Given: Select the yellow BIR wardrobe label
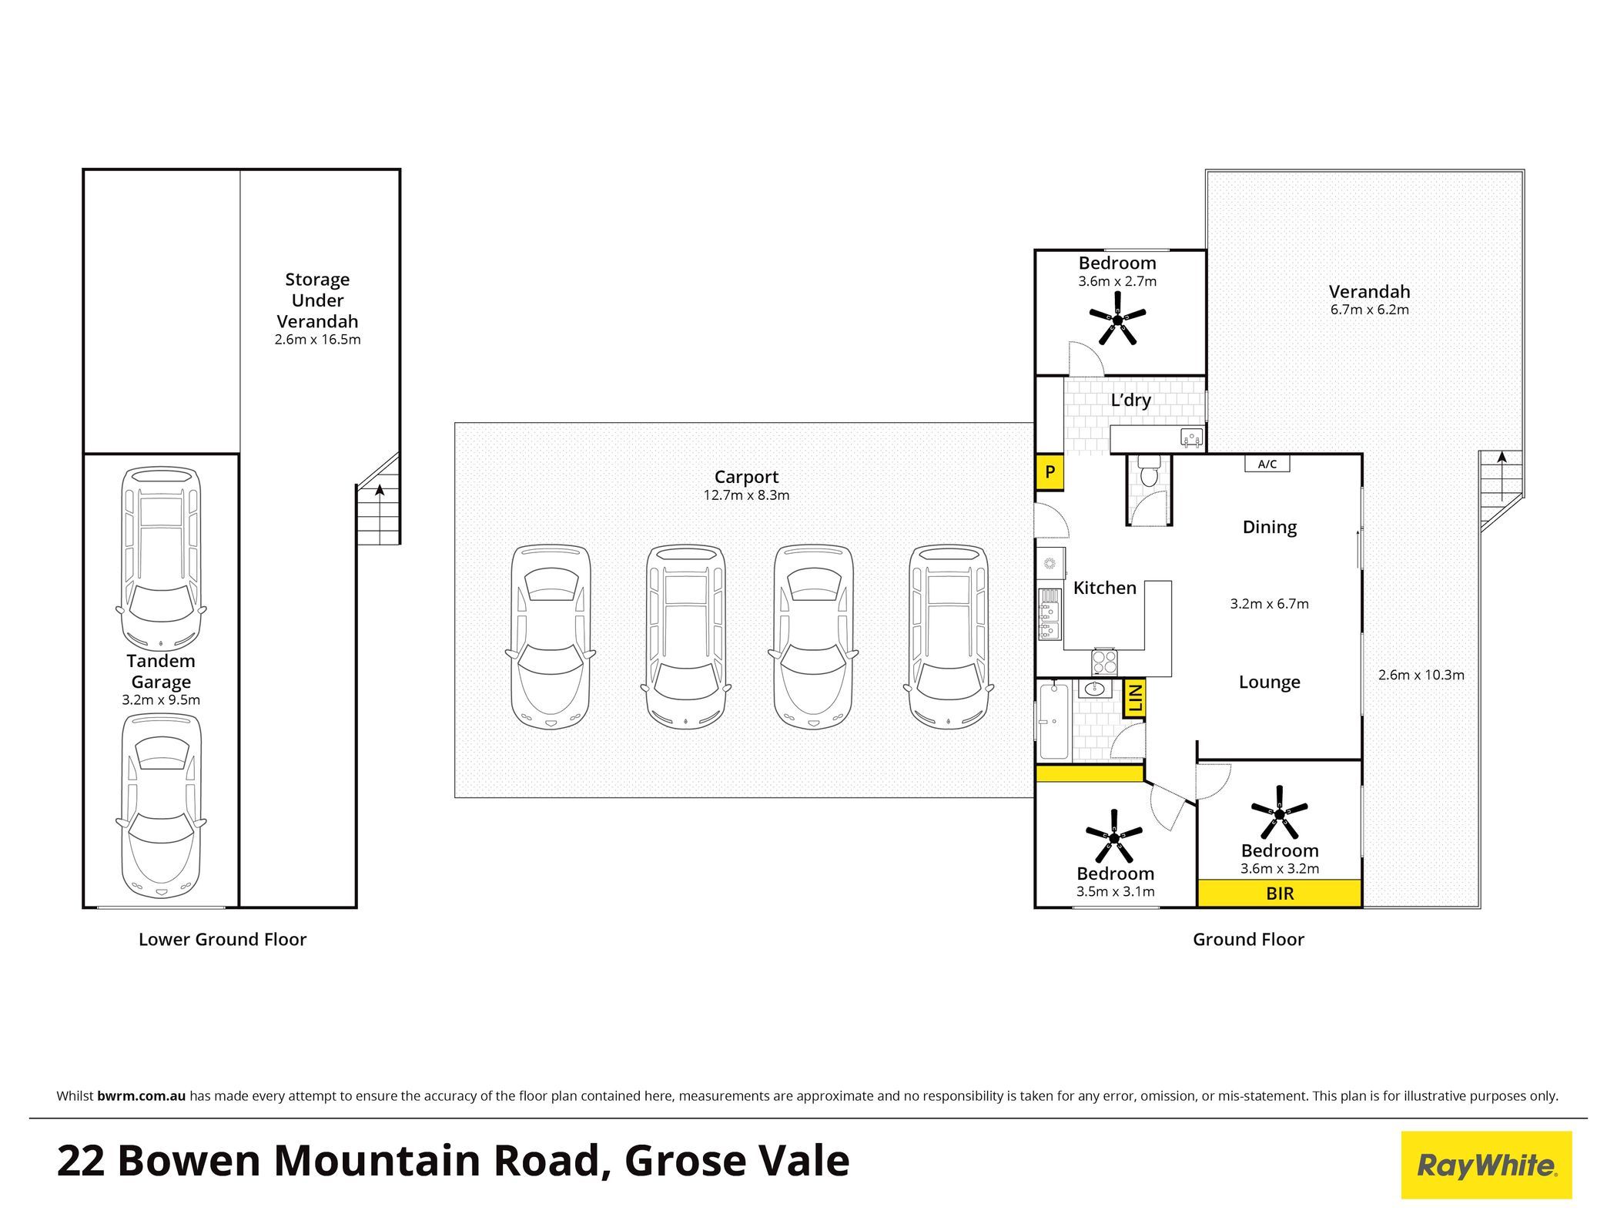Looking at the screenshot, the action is click(x=1280, y=894).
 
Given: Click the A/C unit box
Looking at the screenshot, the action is click(x=1267, y=464).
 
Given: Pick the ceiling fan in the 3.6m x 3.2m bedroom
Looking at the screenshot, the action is click(x=1280, y=813).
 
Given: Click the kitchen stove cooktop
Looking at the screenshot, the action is click(x=1103, y=662).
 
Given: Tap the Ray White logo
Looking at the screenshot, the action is click(x=1486, y=1165).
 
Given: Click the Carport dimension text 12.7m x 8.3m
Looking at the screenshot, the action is click(x=746, y=495).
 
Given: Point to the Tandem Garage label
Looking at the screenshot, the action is click(x=161, y=671).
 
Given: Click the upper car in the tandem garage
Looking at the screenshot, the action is click(x=161, y=559).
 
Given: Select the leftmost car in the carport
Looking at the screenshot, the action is click(x=551, y=638).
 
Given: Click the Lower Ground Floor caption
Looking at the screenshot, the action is click(x=223, y=939).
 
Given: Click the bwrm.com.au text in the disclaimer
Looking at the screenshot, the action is click(x=142, y=1096).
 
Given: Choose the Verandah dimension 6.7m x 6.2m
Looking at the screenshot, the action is click(x=1370, y=310).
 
